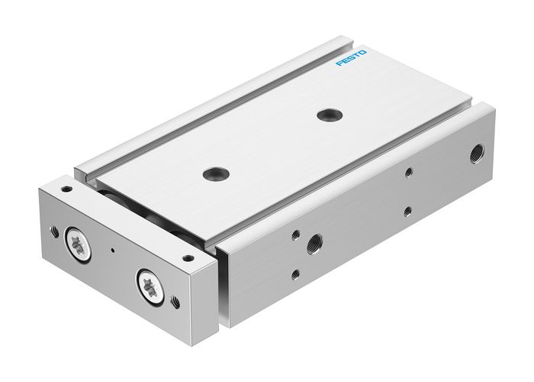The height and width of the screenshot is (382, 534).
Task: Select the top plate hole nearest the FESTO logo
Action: [330, 115]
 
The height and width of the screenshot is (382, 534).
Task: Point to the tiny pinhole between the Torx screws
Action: [113, 250]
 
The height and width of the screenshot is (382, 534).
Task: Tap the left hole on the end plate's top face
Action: [66, 188]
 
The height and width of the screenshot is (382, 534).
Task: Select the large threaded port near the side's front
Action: [314, 247]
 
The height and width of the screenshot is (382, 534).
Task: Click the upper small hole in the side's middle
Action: [408, 173]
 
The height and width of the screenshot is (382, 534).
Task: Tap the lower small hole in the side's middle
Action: [408, 210]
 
